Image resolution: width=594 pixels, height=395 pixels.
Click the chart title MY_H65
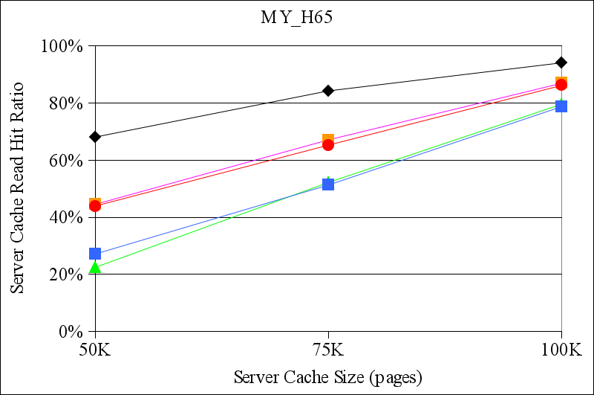tap(296, 19)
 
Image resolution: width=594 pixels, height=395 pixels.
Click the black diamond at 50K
tap(95, 137)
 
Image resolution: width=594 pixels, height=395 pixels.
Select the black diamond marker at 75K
tap(328, 91)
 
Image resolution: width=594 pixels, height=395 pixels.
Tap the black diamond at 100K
tap(561, 62)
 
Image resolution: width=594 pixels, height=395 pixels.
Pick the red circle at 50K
tap(95, 206)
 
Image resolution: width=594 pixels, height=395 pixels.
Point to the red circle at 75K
tap(328, 144)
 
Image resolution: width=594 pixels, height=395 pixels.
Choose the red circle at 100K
tap(561, 85)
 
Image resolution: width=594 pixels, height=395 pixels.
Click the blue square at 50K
tap(95, 254)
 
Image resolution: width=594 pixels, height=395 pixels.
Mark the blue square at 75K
tap(328, 184)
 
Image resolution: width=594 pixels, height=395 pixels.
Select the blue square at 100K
tap(561, 106)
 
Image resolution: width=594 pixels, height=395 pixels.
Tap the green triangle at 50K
tap(95, 267)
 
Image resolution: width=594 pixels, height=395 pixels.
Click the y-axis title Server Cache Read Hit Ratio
tap(18, 188)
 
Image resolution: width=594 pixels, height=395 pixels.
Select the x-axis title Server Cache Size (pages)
tap(327, 376)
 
